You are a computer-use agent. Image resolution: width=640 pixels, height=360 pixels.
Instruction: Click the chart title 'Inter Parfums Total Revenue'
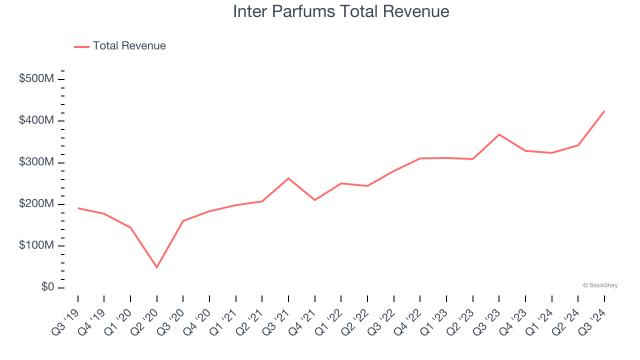point(341,11)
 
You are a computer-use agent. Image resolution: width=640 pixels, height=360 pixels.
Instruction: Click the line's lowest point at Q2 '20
point(156,267)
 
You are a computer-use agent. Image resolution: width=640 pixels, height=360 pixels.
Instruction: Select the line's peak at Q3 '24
point(604,111)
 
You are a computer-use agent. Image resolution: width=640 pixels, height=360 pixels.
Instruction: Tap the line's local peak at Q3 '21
point(288,178)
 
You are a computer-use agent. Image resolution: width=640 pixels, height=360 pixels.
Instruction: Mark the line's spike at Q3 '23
point(499,134)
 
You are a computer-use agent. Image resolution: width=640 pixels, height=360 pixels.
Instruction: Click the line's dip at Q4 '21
point(314,200)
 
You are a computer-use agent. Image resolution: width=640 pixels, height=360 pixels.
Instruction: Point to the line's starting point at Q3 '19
point(78,208)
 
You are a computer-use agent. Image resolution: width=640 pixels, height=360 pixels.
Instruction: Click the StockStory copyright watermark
point(600,285)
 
